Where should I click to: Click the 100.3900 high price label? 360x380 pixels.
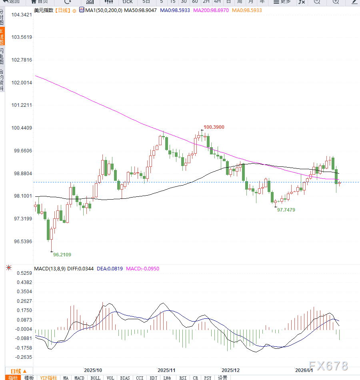(x=214, y=127)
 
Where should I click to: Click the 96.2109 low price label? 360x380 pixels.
(x=62, y=254)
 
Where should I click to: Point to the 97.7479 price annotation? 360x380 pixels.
(x=286, y=210)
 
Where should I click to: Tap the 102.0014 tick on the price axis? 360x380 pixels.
(x=22, y=82)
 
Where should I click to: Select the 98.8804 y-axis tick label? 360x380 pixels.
(x=22, y=174)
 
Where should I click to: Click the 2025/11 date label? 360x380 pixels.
(x=166, y=370)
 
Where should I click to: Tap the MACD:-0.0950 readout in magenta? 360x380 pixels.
(x=143, y=269)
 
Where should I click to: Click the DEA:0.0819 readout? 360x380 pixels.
(x=109, y=269)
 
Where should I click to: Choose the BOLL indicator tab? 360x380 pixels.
(x=95, y=378)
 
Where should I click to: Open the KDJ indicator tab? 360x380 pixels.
(x=153, y=378)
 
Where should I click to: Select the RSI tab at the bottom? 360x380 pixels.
(x=183, y=378)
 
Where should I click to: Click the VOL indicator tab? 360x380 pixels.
(x=110, y=378)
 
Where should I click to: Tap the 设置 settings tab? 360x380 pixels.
(x=222, y=378)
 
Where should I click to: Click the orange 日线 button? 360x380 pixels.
(x=18, y=371)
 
